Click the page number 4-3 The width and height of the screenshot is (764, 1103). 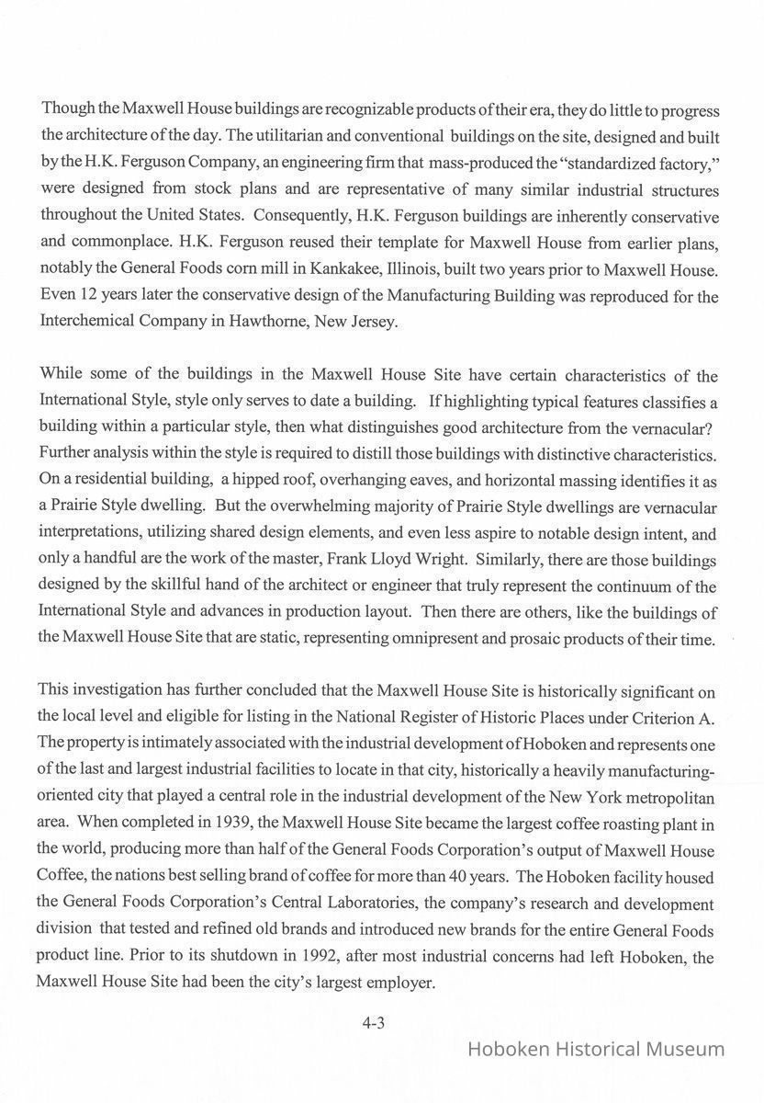373,1022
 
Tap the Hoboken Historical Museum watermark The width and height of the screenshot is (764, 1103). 596,1049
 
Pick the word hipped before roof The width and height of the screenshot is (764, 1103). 248,480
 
